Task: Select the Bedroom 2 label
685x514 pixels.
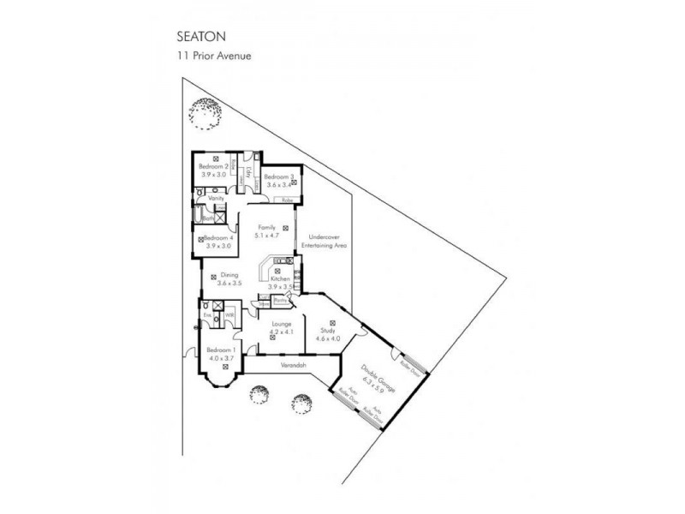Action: (213, 166)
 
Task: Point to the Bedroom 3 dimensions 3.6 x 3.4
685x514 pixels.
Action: (280, 184)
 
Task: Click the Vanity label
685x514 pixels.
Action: (216, 198)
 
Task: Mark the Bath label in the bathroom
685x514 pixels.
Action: (208, 218)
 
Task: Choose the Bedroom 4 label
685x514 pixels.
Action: (217, 237)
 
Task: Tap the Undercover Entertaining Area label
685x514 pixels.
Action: (328, 241)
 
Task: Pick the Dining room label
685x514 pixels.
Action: (226, 274)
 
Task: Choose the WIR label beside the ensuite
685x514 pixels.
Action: (230, 315)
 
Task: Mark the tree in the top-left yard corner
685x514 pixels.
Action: (205, 110)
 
